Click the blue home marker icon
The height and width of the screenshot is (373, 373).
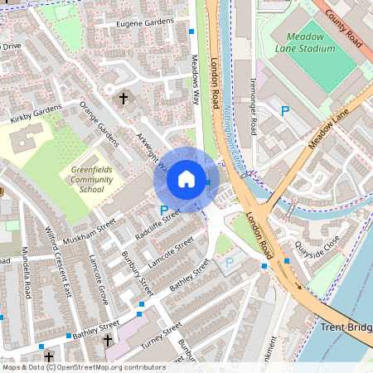(186, 179)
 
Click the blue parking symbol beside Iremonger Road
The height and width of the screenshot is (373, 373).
(286, 110)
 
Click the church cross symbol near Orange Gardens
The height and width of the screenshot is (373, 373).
(124, 99)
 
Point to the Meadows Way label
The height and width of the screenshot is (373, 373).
(196, 75)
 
